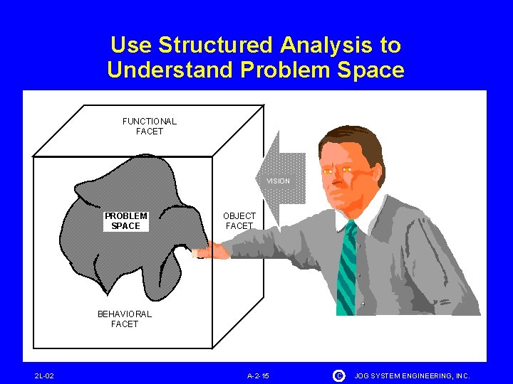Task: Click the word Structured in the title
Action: pos(216,46)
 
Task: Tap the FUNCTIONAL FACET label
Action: pos(150,126)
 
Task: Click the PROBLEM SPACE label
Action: pos(126,221)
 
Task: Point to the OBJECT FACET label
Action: pos(239,220)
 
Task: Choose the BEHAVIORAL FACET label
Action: pos(125,319)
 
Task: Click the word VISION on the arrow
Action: pos(278,181)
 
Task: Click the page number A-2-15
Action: pos(259,375)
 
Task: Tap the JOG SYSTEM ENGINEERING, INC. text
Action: pos(413,375)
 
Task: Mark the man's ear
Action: pos(377,175)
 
